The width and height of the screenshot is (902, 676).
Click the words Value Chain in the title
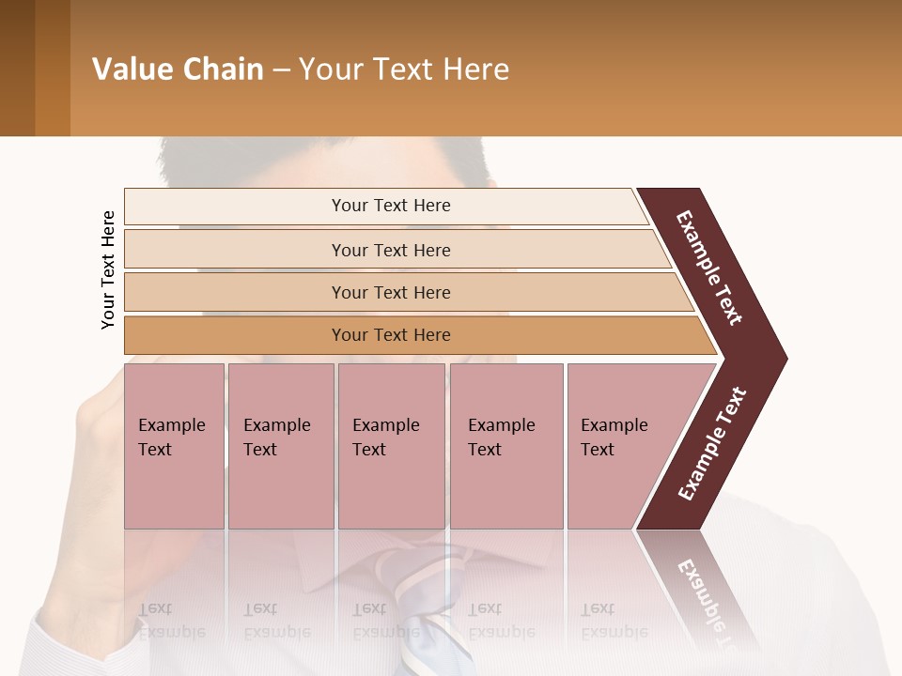point(178,69)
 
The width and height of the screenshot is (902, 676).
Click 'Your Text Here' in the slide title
point(404,69)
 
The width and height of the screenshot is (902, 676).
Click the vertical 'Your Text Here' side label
point(108,269)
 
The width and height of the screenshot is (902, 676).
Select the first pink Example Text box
point(174,446)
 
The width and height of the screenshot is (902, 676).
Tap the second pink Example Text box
point(280,446)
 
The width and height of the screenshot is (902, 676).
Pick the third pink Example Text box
point(391,446)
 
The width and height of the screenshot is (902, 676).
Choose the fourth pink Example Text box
point(505,446)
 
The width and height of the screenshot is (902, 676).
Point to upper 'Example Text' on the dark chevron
point(709,268)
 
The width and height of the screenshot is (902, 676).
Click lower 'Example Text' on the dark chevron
point(711,444)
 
